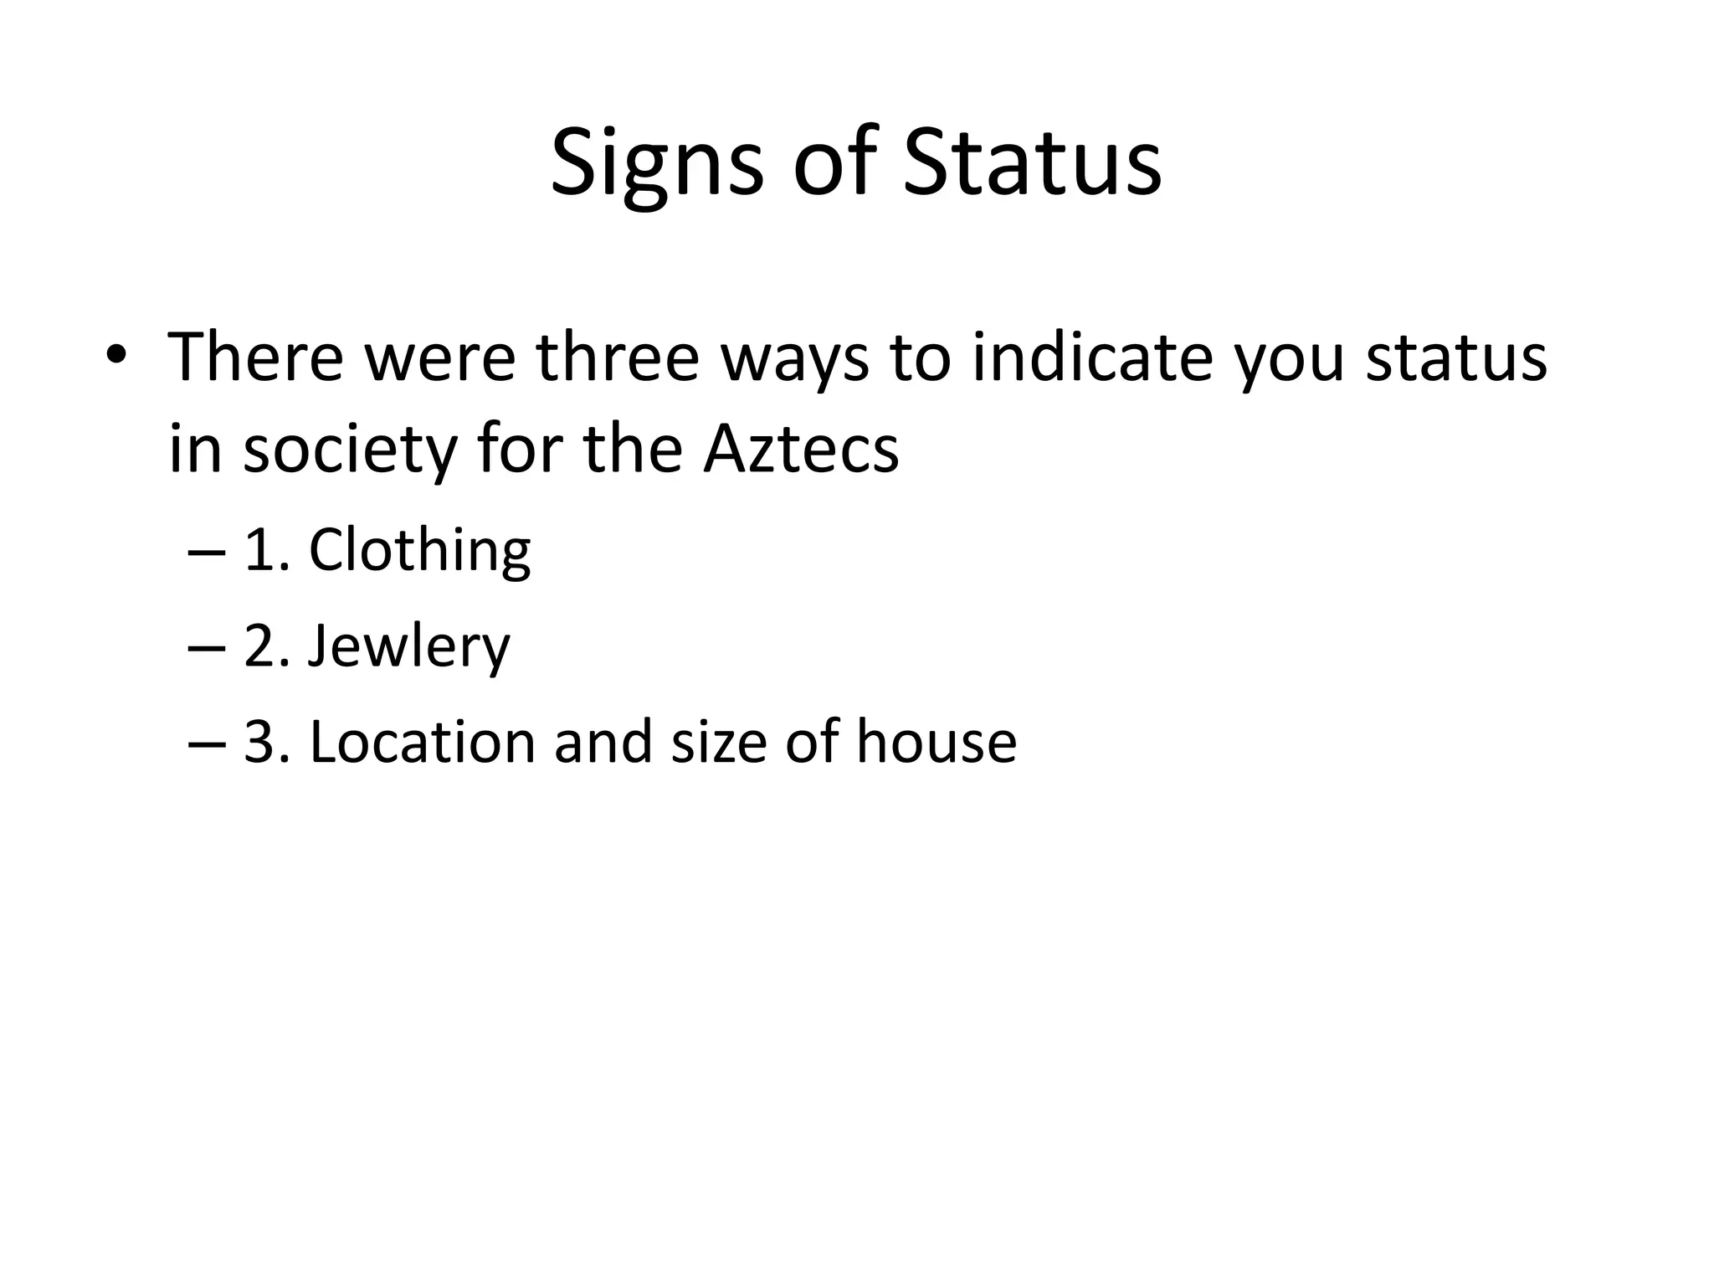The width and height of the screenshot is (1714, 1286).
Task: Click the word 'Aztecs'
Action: (801, 449)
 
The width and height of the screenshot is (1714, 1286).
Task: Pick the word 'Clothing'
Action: (419, 551)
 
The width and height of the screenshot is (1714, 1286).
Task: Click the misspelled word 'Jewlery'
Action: (408, 647)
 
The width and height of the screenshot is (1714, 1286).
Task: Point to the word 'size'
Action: (718, 742)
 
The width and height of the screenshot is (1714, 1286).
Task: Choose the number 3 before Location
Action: (261, 742)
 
